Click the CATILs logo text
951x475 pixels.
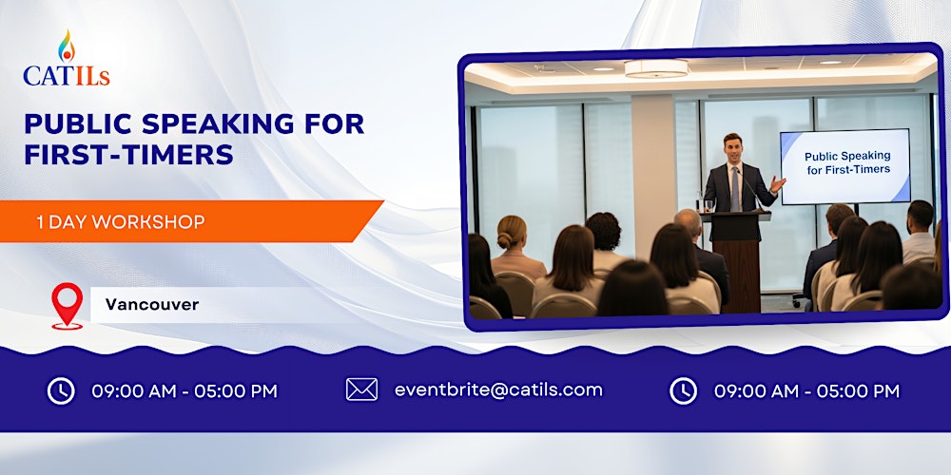pos(67,75)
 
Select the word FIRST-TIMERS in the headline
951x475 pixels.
pos(128,154)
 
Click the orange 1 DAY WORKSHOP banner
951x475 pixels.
pos(190,221)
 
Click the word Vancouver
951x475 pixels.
pos(152,305)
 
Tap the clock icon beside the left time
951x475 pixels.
pos(61,390)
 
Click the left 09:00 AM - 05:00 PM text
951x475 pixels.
pos(184,390)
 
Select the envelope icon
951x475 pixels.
pos(361,389)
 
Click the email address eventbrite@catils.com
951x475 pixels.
pos(498,389)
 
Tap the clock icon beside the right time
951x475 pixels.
pos(683,390)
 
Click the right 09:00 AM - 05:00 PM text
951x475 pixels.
pos(806,390)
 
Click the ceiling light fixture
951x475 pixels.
pos(655,68)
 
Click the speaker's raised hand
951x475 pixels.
pos(779,183)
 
